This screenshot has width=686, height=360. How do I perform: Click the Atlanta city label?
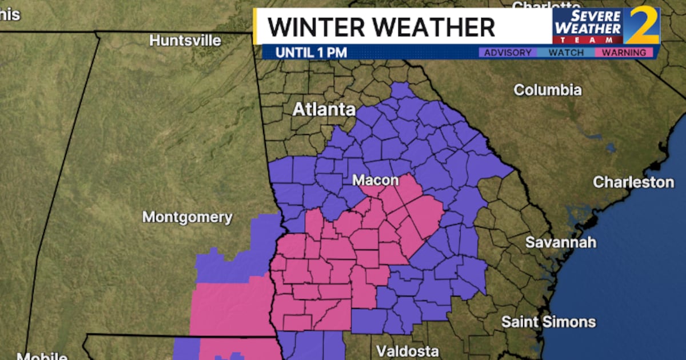click(324, 109)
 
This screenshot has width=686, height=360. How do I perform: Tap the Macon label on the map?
click(375, 181)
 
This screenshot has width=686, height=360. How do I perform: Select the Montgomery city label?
click(188, 217)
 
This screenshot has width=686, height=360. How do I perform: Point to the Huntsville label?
click(185, 41)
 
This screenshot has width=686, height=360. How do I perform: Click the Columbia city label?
click(547, 90)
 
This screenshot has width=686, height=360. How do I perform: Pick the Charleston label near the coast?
click(633, 182)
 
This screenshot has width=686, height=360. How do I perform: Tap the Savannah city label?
click(561, 242)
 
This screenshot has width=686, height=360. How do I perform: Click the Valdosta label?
click(408, 351)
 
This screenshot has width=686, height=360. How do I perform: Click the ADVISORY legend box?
click(508, 53)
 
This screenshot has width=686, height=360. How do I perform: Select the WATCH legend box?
click(566, 53)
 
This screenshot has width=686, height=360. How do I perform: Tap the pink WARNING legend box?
click(624, 53)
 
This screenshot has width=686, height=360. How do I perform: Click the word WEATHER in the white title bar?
click(440, 27)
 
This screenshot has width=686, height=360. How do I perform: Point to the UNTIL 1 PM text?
click(311, 53)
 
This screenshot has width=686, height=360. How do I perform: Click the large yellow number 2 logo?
click(641, 26)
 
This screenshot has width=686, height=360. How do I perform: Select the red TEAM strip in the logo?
click(587, 40)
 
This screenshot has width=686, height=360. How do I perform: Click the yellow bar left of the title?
click(258, 26)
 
